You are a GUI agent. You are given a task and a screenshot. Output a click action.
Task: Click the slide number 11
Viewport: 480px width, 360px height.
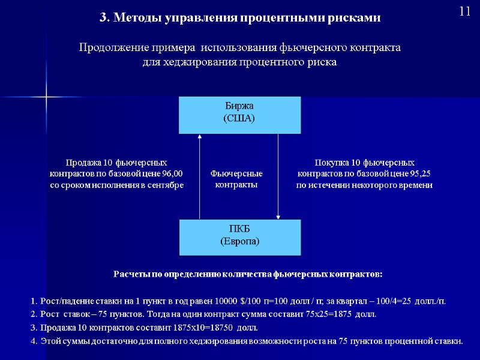pyautogui.click(x=464, y=11)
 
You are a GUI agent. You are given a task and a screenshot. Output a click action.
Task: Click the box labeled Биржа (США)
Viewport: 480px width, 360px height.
pyautogui.click(x=239, y=114)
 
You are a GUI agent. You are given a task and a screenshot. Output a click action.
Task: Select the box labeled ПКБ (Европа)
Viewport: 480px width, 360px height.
pyautogui.click(x=239, y=236)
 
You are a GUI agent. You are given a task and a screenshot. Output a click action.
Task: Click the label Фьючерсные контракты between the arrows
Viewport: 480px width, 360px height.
pyautogui.click(x=236, y=179)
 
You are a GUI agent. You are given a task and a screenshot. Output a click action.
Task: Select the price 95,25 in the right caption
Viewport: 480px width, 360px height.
pyautogui.click(x=421, y=174)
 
